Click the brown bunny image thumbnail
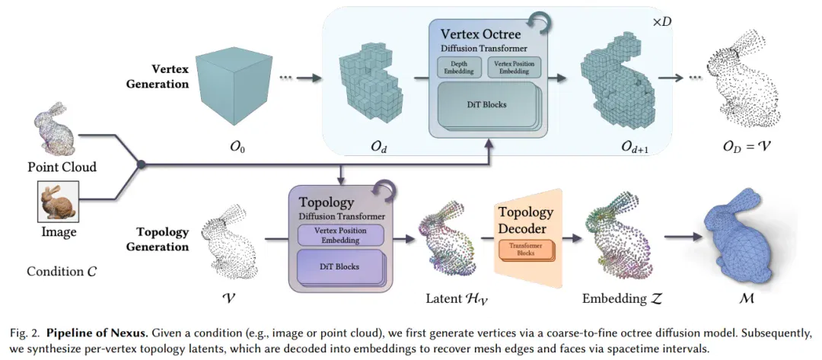point(58,202)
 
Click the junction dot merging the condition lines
point(141,164)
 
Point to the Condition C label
point(62,272)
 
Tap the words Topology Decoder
point(525,221)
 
